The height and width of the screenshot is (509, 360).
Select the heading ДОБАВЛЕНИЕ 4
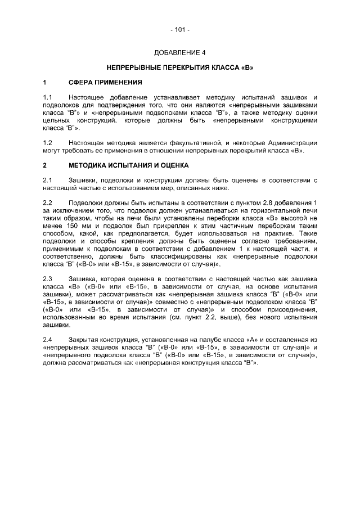click(180, 53)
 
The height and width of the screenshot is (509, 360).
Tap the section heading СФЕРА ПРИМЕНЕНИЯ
click(105, 83)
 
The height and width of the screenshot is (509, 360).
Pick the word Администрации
click(293, 143)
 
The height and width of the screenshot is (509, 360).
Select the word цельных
click(57, 120)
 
